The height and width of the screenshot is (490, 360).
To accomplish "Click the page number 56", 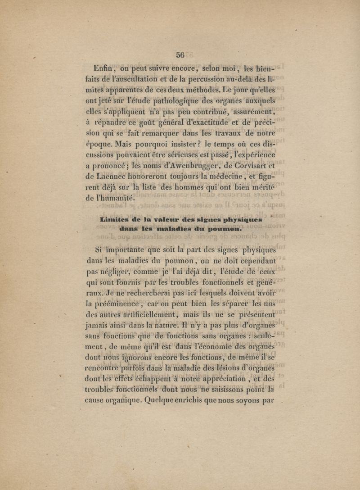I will click(180, 54).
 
